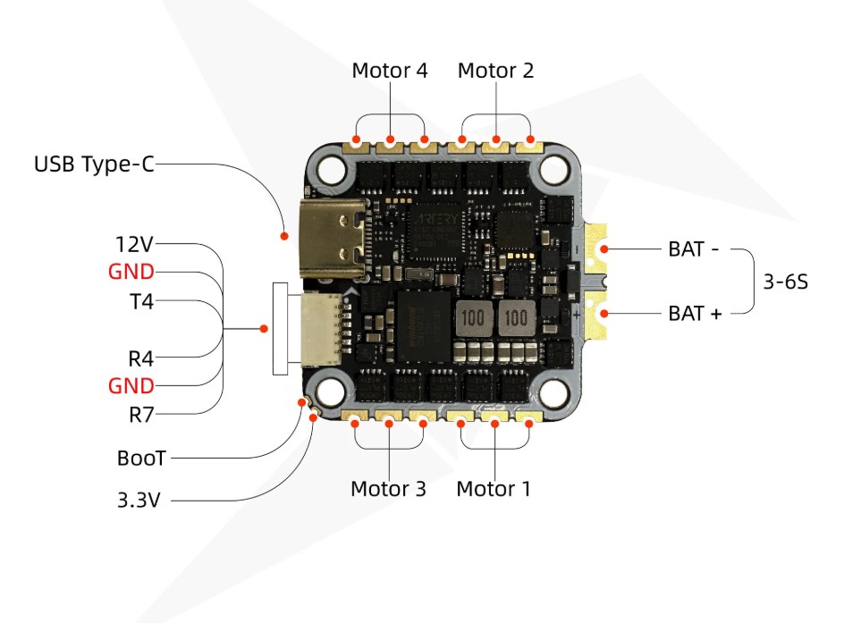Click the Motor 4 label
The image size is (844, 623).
tap(389, 71)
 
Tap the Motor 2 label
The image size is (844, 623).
tap(495, 71)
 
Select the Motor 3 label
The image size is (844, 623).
tap(388, 489)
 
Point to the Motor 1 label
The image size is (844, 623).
tap(493, 489)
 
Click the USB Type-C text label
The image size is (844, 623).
tap(94, 164)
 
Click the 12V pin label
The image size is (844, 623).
tap(135, 244)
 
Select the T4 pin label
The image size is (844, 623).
tap(142, 302)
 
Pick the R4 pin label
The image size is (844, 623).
tap(141, 358)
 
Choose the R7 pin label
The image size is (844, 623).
tap(141, 416)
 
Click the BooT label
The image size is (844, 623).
tap(141, 459)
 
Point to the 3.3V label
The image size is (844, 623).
tap(139, 501)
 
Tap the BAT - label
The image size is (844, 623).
tap(693, 249)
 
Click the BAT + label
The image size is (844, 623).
tap(695, 313)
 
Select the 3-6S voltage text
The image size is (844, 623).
tap(785, 282)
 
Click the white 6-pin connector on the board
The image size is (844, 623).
tap(321, 329)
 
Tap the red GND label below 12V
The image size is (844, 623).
tap(131, 272)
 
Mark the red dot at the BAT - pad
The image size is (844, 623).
tap(604, 249)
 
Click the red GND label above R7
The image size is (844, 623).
tap(131, 386)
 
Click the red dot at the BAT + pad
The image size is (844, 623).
tap(604, 314)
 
